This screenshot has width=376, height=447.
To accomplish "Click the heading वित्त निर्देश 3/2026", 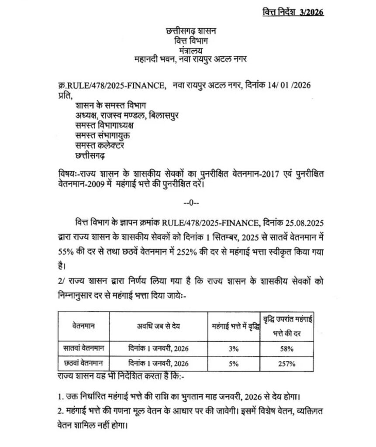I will [292, 12].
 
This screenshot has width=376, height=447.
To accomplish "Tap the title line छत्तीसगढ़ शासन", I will [188, 31].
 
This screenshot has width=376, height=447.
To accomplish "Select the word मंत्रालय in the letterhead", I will [188, 51].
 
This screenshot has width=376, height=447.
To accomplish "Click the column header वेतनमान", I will [84, 326].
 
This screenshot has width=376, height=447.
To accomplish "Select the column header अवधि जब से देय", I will [158, 326].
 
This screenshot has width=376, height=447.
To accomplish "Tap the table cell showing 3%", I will [233, 349].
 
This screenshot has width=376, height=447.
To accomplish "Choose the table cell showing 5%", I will [233, 363].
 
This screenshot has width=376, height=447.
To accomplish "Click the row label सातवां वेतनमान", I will [84, 349].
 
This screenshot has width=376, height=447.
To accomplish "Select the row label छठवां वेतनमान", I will [84, 363].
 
